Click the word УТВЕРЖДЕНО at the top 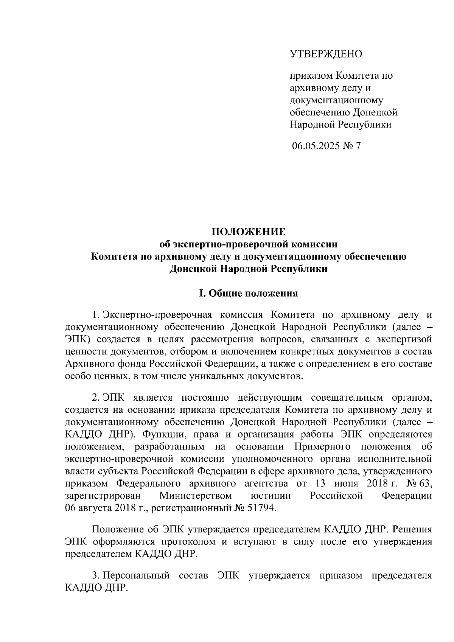(326, 54)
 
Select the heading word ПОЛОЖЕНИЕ (248, 232)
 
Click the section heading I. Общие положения (248, 293)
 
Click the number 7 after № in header (358, 146)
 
